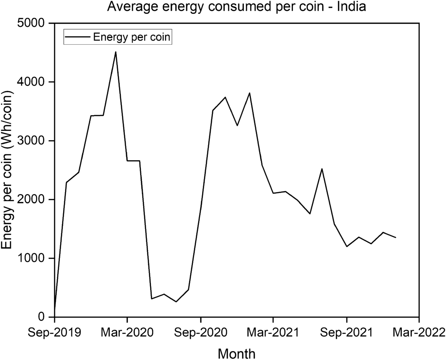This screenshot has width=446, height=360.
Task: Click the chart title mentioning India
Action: (237, 7)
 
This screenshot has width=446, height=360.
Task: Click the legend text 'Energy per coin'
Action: (132, 37)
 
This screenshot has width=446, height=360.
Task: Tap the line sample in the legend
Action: (77, 37)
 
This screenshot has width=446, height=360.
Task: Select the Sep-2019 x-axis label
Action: (55, 332)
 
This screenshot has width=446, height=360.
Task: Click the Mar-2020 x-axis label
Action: (127, 332)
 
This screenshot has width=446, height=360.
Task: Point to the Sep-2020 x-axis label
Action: (201, 332)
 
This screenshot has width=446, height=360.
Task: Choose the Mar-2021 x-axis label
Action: (273, 332)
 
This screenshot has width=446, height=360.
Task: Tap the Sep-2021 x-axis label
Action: (347, 332)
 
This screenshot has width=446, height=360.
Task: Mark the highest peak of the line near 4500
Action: (116, 52)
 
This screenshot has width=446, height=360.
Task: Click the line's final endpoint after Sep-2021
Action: (395, 237)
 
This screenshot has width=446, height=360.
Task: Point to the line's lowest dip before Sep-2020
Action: (176, 302)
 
